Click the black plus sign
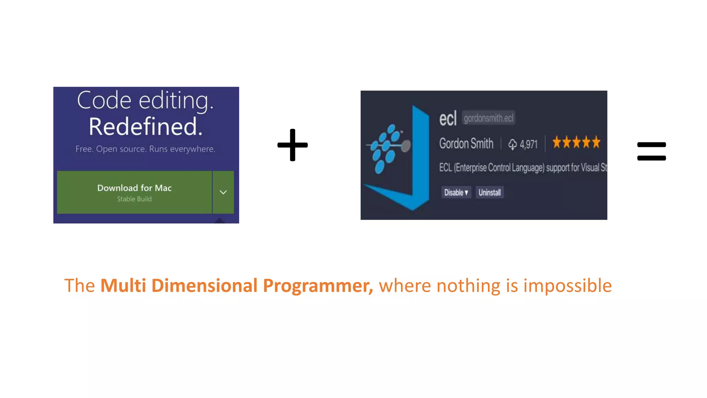tap(292, 145)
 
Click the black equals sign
tap(651, 151)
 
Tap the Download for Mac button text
tap(134, 188)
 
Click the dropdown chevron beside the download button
tap(223, 192)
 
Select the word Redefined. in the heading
tap(145, 127)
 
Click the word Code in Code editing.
tap(104, 101)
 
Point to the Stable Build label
tap(134, 199)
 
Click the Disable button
tap(456, 192)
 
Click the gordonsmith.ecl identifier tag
tap(488, 118)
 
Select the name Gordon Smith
tap(466, 143)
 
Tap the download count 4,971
tap(528, 144)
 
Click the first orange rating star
tap(557, 142)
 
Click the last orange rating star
tap(596, 142)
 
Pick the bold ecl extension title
tap(448, 119)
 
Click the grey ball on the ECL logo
tap(406, 146)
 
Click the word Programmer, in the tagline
tap(318, 286)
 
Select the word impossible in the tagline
tap(567, 286)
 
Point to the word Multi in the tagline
tap(123, 286)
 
